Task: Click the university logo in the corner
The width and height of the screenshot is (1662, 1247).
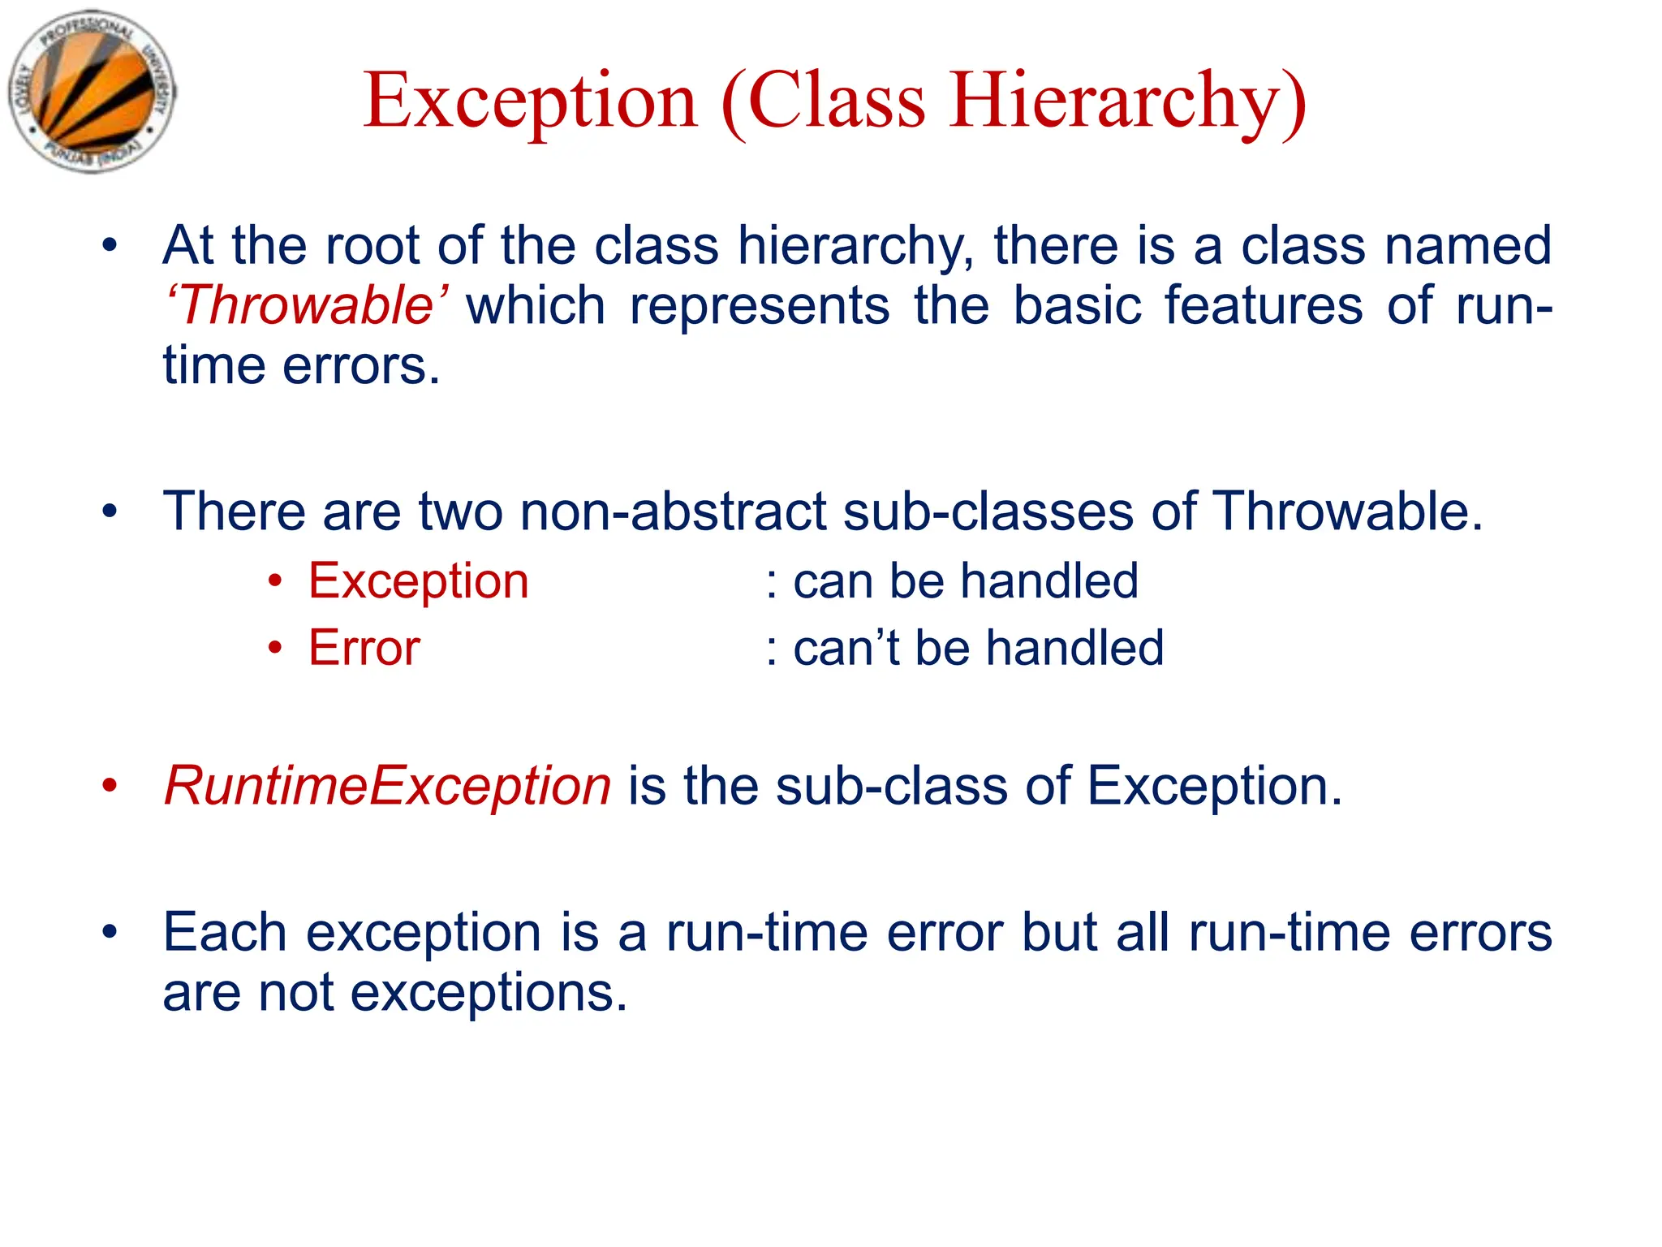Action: [92, 92]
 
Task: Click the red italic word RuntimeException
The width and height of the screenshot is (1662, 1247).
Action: [388, 786]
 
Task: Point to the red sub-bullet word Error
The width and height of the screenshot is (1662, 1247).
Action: [364, 648]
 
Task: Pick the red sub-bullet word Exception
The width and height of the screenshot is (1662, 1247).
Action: [419, 581]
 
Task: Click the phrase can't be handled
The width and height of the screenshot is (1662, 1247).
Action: [977, 648]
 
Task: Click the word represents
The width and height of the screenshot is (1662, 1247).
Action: [760, 306]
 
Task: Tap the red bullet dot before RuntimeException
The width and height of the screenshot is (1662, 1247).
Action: [110, 786]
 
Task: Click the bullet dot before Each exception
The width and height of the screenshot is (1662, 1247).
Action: [110, 932]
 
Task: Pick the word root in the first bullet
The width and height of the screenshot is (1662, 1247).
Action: [372, 245]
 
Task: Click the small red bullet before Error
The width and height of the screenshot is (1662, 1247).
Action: [276, 649]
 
